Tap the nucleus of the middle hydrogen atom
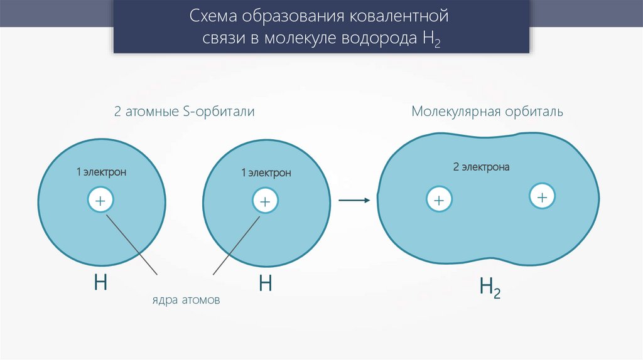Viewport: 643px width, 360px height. click(x=264, y=201)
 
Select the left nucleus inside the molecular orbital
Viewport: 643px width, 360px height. click(x=439, y=200)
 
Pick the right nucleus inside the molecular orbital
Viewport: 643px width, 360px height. click(x=542, y=197)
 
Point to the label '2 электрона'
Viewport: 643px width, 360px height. click(x=481, y=167)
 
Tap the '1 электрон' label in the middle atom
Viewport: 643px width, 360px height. click(x=266, y=172)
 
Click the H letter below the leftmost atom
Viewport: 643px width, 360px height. click(x=100, y=283)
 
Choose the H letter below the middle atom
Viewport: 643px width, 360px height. click(x=265, y=283)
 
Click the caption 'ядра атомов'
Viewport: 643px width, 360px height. click(x=186, y=300)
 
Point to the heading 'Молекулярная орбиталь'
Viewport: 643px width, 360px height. click(x=487, y=112)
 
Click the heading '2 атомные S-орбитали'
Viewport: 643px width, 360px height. click(x=184, y=112)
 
